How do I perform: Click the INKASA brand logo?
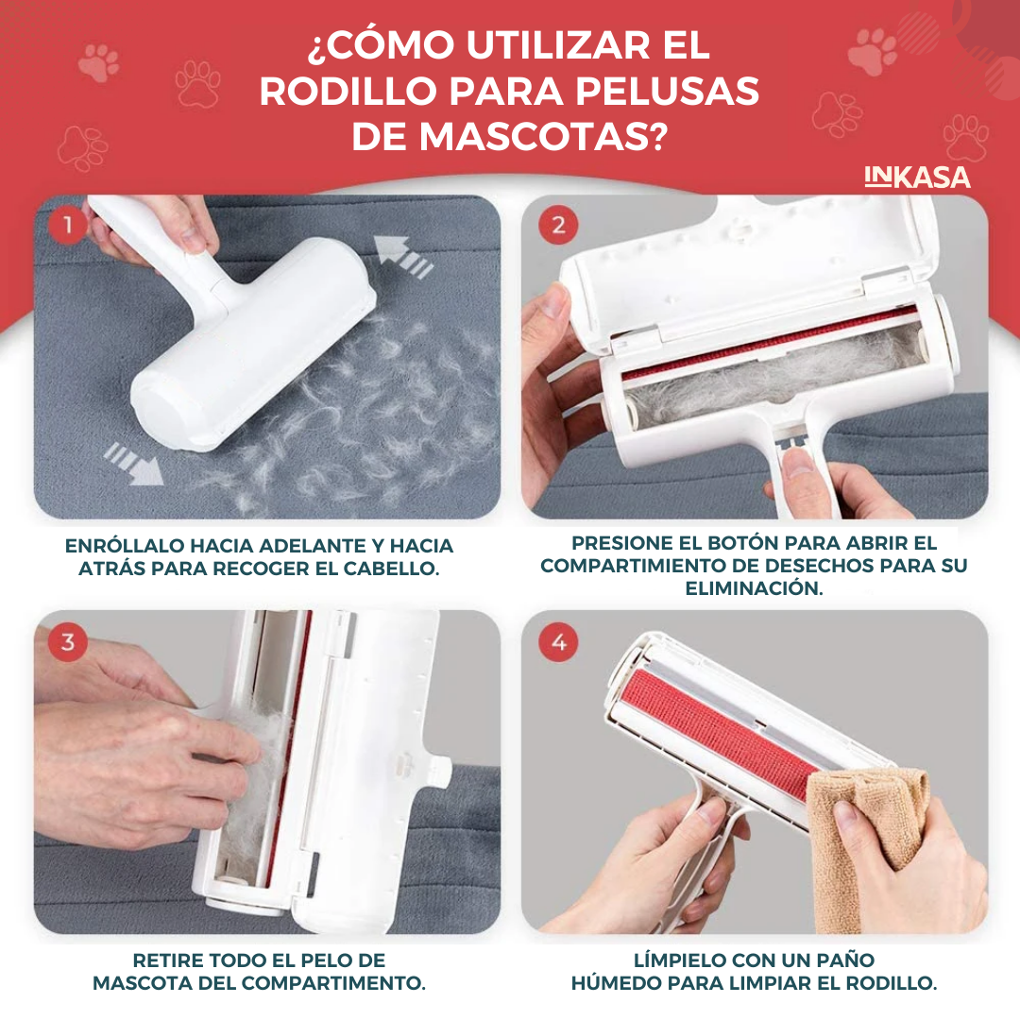(917, 178)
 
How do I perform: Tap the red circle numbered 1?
(68, 225)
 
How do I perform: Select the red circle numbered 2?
(558, 225)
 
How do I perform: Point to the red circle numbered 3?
(68, 642)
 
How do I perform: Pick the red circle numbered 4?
(558, 642)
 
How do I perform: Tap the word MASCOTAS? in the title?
(543, 137)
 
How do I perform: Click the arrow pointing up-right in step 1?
(403, 257)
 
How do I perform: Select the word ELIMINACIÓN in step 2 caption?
(754, 588)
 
